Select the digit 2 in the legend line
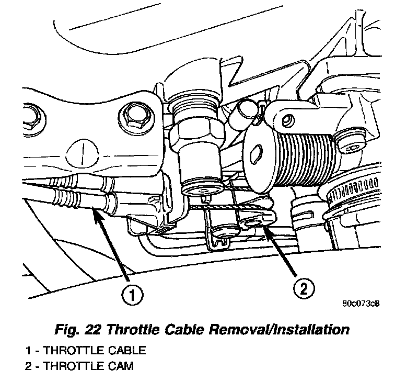click(27, 365)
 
